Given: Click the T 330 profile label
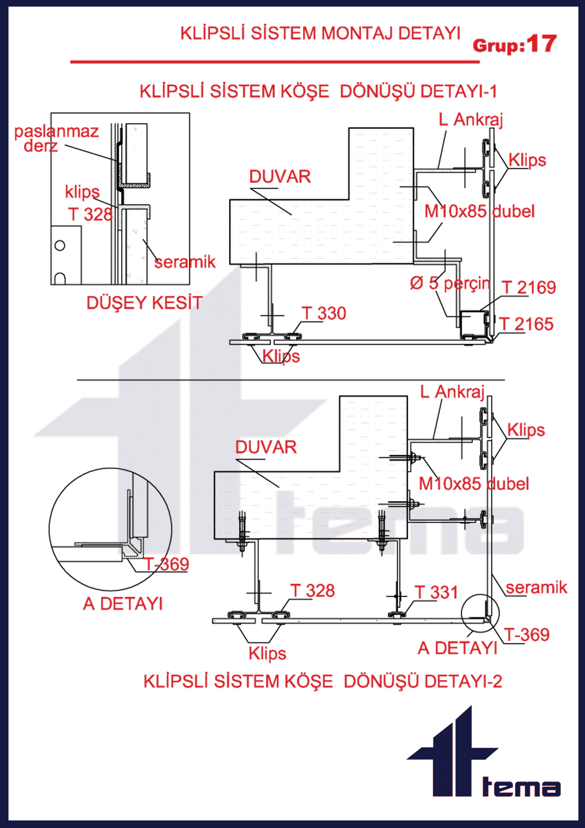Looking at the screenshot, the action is (324, 313).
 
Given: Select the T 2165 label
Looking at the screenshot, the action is (526, 324).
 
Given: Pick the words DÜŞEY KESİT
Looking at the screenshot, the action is (145, 303).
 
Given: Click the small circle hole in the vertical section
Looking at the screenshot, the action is (60, 245).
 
